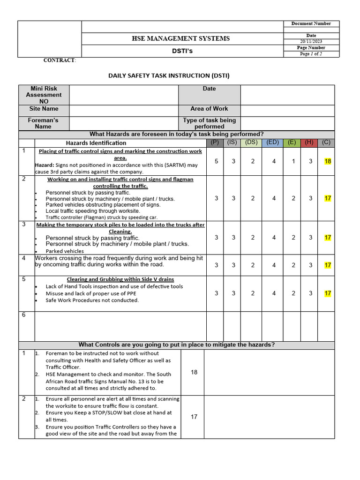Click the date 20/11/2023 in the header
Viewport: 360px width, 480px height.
tap(311, 42)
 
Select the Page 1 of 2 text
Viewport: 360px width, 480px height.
tap(311, 54)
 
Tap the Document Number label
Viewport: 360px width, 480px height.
tap(311, 23)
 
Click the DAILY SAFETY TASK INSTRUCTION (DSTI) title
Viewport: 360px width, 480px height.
tap(169, 75)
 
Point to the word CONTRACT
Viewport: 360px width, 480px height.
tap(59, 60)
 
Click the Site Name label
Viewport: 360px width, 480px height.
tap(44, 109)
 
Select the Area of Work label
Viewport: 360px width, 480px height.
tap(209, 109)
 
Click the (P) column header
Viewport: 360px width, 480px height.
tap(215, 142)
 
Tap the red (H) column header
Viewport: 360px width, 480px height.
tap(309, 142)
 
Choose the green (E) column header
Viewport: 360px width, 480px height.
tap(292, 142)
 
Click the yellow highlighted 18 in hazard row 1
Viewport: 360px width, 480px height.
tap(328, 161)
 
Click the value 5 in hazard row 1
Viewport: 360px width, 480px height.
tap(216, 161)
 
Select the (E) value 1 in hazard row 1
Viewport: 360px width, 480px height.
tap(293, 161)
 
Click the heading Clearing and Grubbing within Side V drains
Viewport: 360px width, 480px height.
tap(120, 279)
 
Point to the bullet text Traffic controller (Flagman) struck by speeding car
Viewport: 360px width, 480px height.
tap(101, 217)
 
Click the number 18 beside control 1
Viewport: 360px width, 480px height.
tap(194, 372)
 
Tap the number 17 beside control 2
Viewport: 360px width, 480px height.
tap(194, 417)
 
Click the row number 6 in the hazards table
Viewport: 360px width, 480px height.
tap(23, 315)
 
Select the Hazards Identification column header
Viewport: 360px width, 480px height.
tap(96, 143)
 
